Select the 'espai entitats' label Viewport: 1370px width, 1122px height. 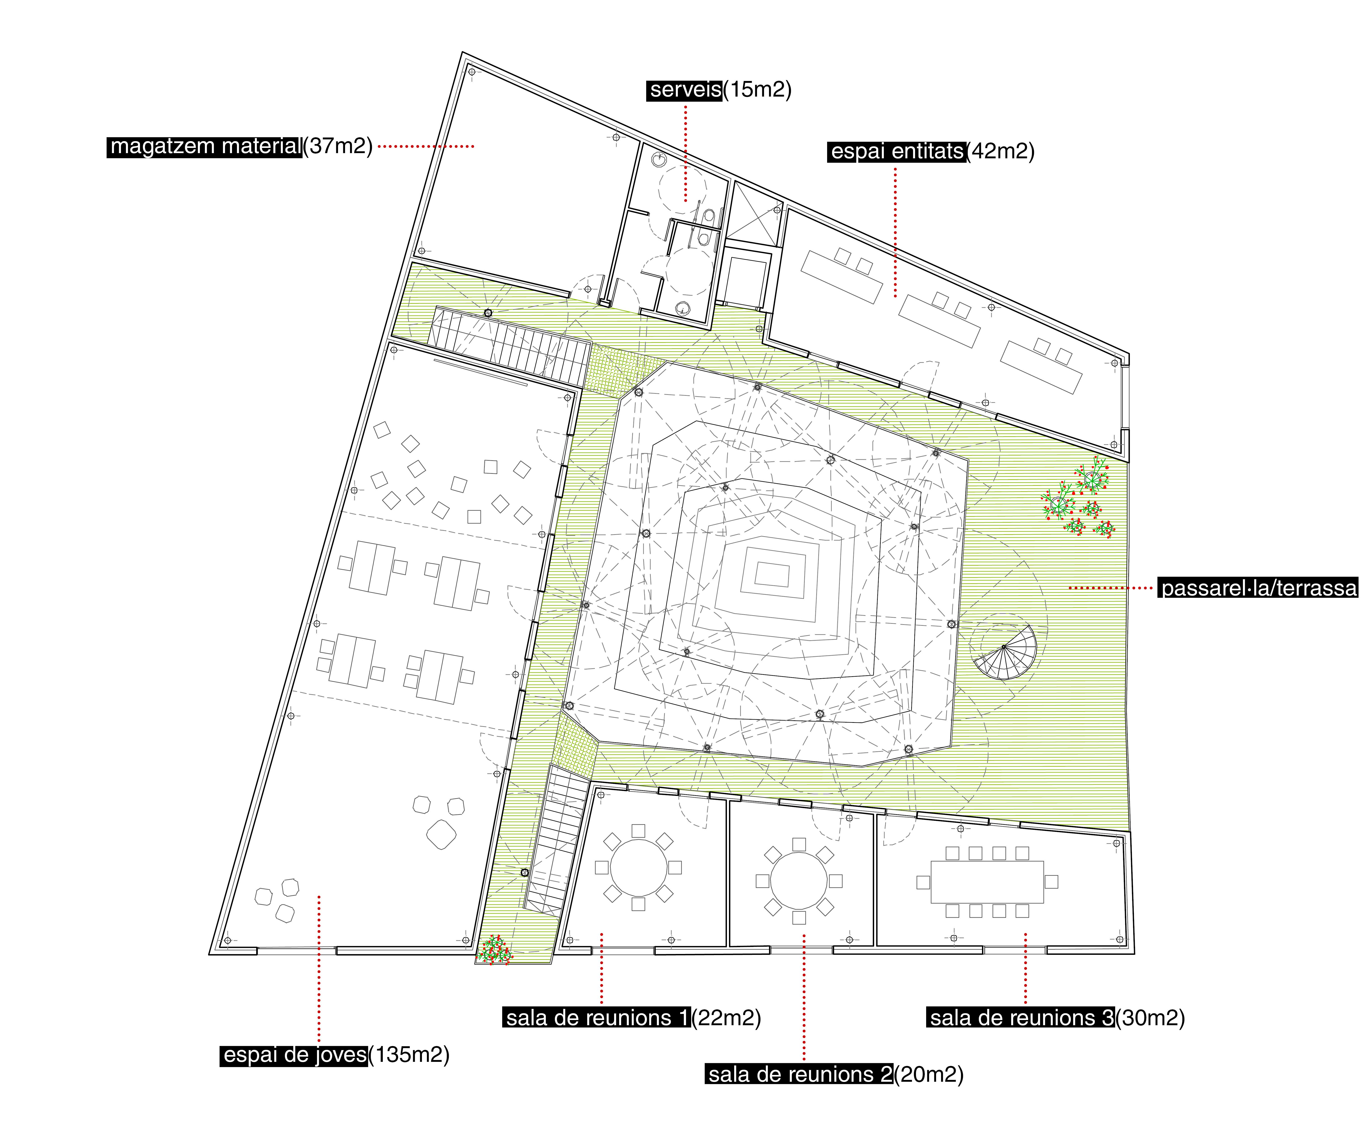(x=897, y=152)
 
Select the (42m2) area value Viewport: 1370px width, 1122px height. (x=1001, y=152)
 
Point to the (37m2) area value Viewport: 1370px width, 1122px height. (x=338, y=147)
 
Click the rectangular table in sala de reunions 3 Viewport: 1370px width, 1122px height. (x=987, y=882)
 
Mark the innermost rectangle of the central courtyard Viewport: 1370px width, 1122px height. (x=772, y=574)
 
